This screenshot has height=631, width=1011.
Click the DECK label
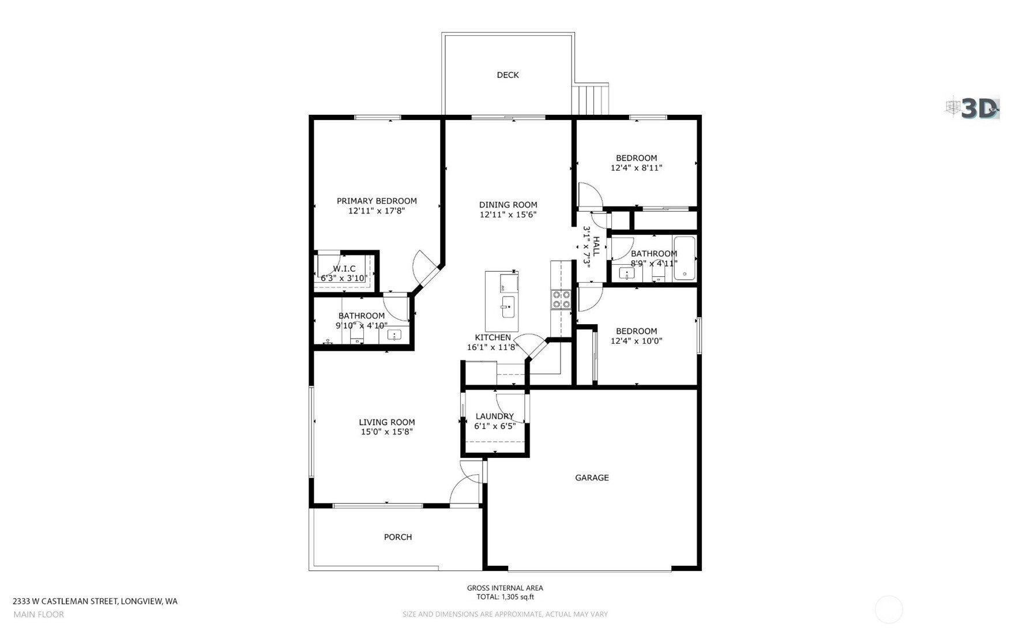point(508,75)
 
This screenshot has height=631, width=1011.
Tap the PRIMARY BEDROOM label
point(377,201)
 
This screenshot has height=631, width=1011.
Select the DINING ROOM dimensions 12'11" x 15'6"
point(508,215)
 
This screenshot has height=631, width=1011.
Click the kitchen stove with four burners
point(561,299)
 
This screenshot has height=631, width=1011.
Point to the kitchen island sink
point(508,307)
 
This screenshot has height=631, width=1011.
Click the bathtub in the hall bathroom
point(685,258)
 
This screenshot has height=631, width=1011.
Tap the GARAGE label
point(592,478)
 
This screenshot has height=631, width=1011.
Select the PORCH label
point(398,537)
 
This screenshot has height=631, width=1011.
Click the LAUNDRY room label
point(495,416)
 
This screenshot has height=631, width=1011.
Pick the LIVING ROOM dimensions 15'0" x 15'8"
point(386,432)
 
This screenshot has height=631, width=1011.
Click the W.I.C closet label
point(344,269)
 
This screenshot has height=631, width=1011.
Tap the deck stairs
point(591,100)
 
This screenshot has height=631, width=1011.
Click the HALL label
point(596,246)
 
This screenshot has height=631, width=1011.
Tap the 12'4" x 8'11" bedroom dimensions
point(636,168)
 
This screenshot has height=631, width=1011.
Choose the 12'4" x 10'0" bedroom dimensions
point(636,341)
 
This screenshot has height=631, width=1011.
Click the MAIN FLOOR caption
point(39,615)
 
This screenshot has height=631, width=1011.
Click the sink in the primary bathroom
point(394,335)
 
